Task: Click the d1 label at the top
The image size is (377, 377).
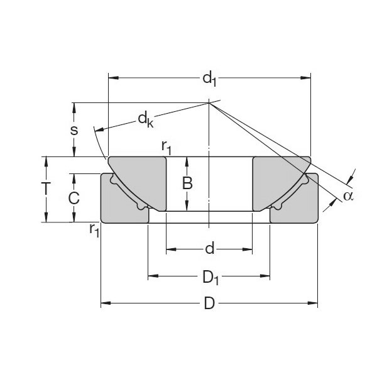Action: click(209, 79)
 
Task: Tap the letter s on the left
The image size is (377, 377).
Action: click(74, 130)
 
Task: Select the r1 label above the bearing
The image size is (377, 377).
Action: click(167, 147)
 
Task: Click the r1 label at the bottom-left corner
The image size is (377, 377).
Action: click(94, 230)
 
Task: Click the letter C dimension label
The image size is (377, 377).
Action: click(74, 198)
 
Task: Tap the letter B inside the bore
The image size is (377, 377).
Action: click(187, 183)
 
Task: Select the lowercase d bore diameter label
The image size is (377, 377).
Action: click(209, 250)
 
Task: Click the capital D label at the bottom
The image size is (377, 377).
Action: click(209, 304)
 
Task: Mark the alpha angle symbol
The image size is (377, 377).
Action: click(348, 196)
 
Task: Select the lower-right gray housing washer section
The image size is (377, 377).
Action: click(295, 204)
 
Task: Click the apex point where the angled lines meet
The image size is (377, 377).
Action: click(209, 103)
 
